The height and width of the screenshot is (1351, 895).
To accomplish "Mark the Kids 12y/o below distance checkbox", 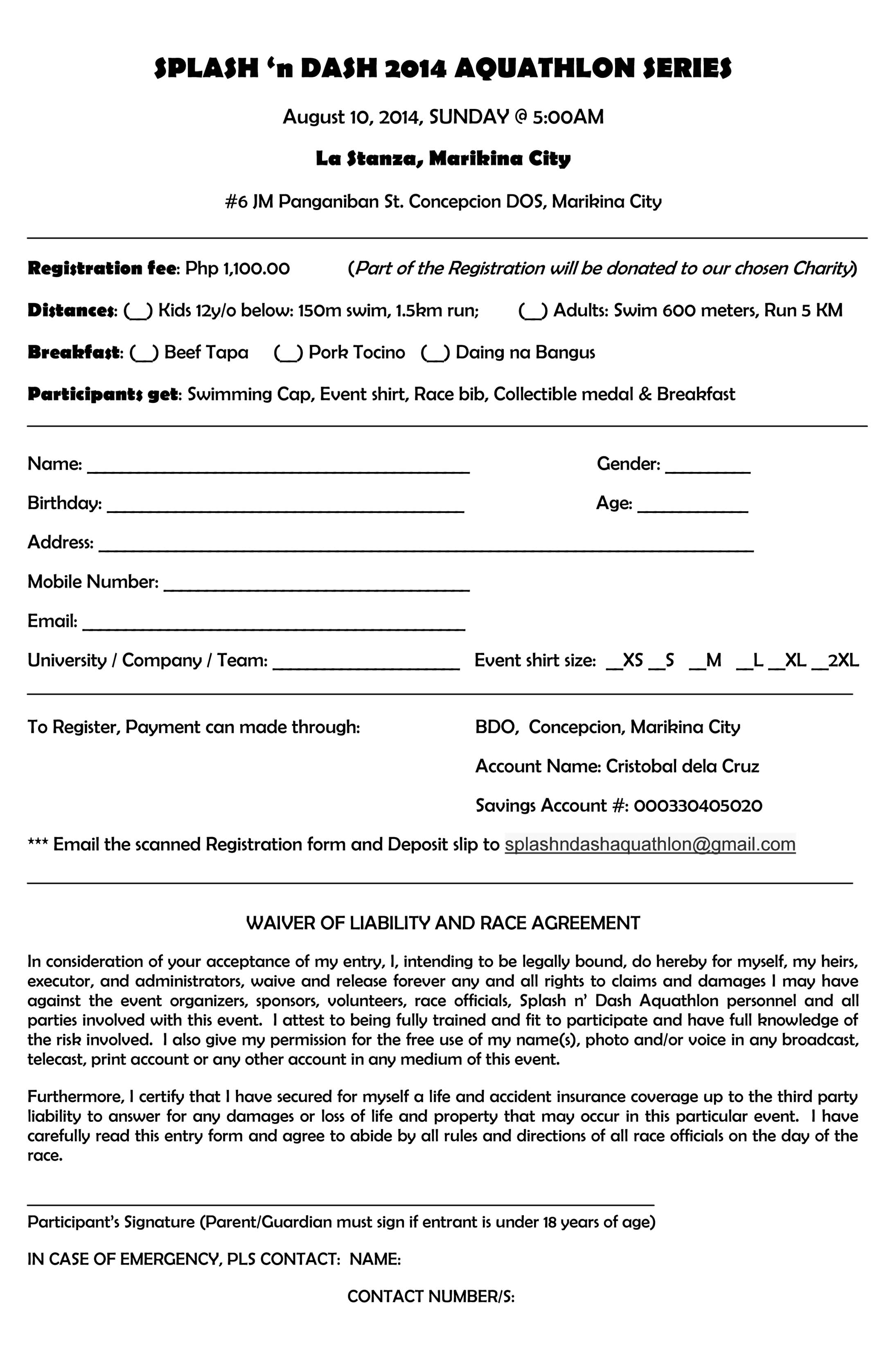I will point(138,311).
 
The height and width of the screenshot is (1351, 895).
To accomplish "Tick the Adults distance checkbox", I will point(532,311).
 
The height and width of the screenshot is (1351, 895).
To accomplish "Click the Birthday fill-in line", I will point(285,506).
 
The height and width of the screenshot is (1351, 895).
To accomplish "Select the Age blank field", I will point(692,506).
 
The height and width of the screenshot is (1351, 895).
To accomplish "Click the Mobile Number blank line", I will point(316,585).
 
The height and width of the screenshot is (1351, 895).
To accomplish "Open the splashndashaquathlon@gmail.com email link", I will point(649,844).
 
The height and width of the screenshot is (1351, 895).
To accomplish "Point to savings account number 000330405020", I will point(697,806).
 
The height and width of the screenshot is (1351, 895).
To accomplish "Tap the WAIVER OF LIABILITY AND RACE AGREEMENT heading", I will point(443,923).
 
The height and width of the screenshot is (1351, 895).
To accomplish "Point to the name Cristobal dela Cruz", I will point(682,766).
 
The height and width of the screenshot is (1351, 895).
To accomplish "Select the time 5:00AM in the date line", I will point(568,117).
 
